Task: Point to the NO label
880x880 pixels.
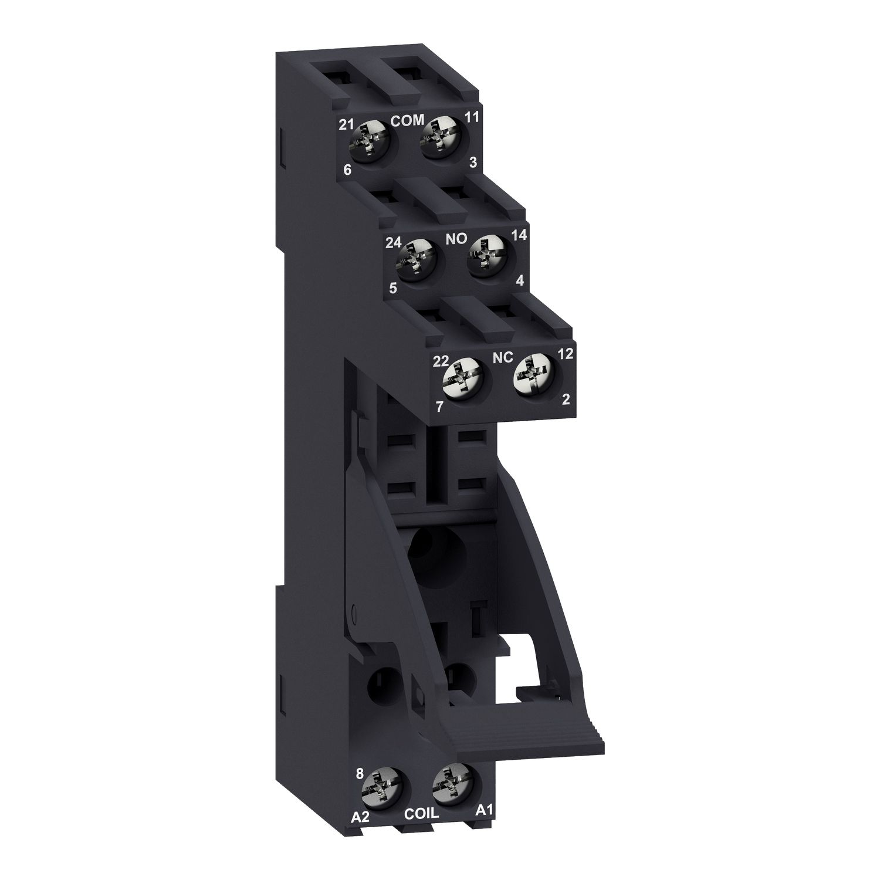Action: coord(456,239)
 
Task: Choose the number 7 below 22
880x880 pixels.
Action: coord(438,406)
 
